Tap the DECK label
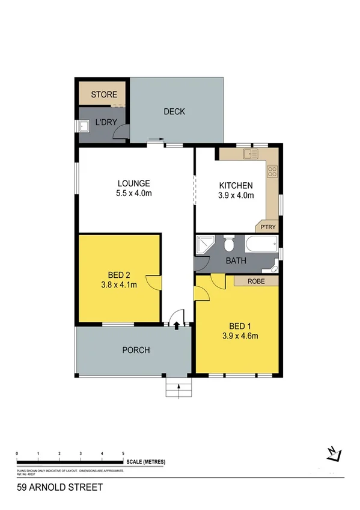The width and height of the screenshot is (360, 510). pos(174,111)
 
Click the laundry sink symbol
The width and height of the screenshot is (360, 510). pos(85,126)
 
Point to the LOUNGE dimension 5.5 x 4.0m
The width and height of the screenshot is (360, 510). pos(133,194)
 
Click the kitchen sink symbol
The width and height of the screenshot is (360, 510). pos(249,154)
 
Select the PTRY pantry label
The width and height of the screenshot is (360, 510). pos(268,227)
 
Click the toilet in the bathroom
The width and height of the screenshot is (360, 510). pos(228,245)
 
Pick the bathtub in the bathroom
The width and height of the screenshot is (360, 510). pos(261,244)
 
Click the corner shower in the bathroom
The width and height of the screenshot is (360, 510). pos(204,244)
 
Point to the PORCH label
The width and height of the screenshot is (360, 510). pos(136,350)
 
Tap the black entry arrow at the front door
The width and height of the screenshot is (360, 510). pos(176,325)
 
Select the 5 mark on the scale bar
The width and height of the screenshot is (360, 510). pos(123,452)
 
